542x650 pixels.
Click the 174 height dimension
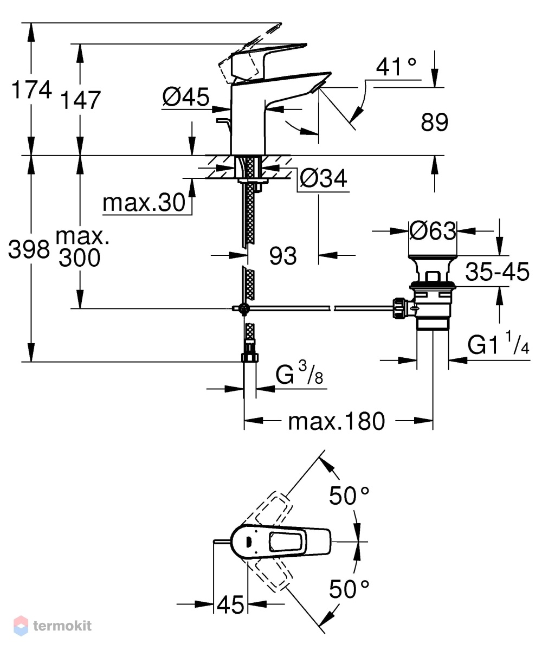(31, 89)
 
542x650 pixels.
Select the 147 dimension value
(80, 100)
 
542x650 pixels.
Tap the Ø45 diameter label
(186, 97)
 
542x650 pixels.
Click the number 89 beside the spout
(435, 123)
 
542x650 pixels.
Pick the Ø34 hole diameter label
(323, 179)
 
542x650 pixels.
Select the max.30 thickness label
(144, 203)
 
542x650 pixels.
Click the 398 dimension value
(29, 249)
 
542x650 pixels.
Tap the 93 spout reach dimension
(283, 256)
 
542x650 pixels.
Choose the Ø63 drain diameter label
(433, 230)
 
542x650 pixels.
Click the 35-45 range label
(497, 272)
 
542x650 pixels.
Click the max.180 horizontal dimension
(337, 422)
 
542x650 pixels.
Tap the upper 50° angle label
(349, 495)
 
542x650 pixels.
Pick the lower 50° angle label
(349, 589)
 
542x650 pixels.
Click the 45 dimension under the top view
(230, 605)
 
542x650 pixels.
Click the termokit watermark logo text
(62, 625)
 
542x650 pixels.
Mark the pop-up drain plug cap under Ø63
(433, 270)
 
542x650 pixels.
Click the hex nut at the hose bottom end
(249, 357)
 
